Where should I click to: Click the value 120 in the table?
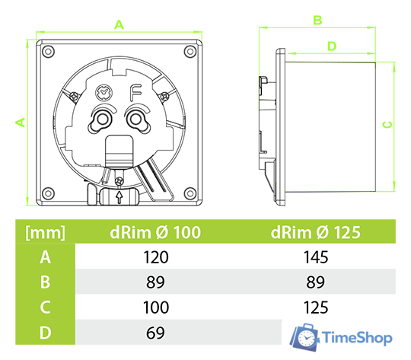156,257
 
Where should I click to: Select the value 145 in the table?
316,257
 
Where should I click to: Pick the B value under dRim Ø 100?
156,282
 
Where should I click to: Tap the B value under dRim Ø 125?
316,282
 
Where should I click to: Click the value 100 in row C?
156,307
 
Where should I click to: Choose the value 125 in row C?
316,307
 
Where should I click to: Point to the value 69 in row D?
156,333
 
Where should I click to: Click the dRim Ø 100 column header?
155,232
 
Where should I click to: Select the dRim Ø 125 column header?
316,232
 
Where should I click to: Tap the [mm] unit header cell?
45,232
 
